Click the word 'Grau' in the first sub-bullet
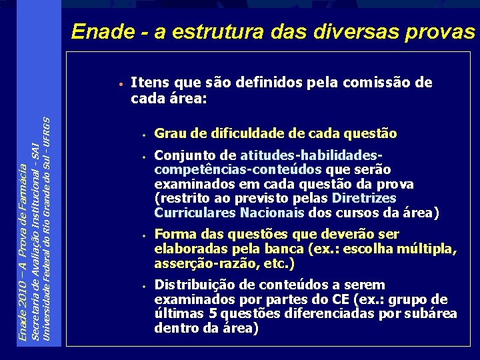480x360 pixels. [x=169, y=133]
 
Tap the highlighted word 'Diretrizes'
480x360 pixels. [x=363, y=199]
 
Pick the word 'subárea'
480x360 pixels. [x=433, y=313]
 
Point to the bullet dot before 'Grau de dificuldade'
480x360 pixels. [x=143, y=135]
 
